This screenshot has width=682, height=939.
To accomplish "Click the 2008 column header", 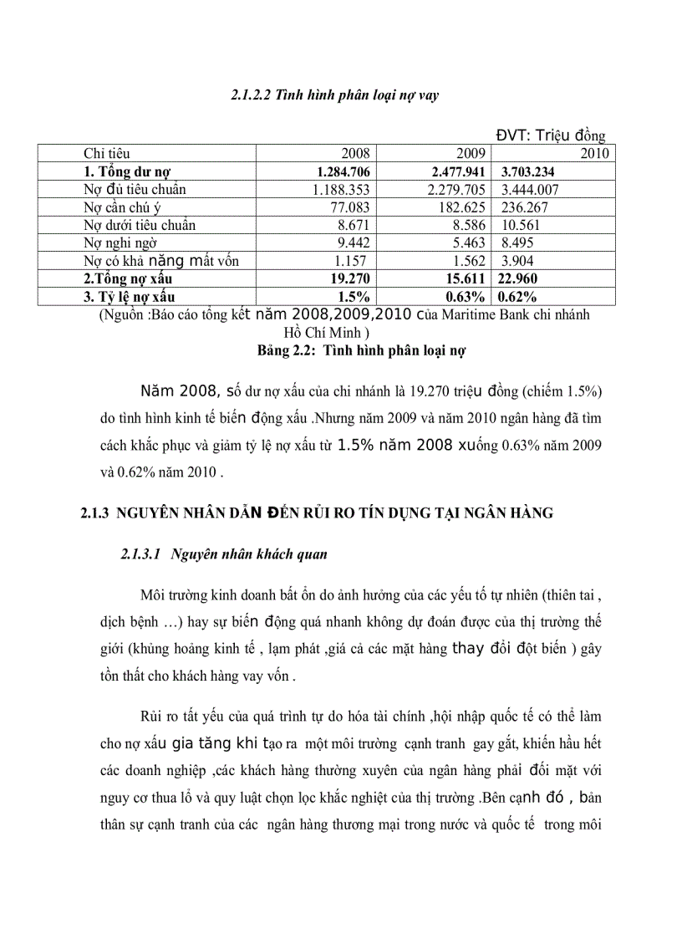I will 355,154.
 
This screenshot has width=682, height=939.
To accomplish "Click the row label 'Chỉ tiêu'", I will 106,154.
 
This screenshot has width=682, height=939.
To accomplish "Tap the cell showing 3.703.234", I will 530,171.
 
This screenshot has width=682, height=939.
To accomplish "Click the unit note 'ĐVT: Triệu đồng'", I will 550,136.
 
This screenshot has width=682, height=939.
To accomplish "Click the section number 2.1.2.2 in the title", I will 252,96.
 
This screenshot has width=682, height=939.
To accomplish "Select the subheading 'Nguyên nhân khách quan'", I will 248,554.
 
